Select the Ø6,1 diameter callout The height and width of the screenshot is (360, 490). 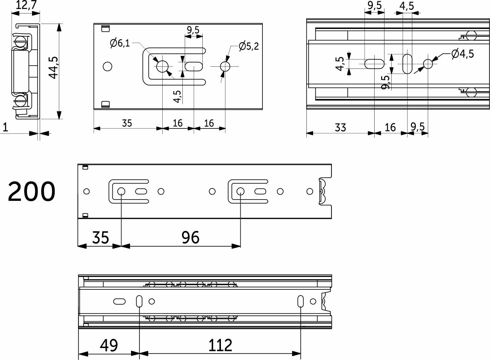pos(120,43)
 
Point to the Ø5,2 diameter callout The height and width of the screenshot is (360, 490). pos(249,46)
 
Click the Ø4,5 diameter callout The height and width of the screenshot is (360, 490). pos(462,54)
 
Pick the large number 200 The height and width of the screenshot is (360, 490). pos(31,192)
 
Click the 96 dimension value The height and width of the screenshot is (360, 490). pos(190,238)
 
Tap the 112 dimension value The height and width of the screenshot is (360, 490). pos(220,345)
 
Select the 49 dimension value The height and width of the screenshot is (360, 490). pos(109,345)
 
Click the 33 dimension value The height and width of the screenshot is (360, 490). pos(340,128)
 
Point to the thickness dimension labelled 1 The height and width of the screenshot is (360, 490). pos(5,128)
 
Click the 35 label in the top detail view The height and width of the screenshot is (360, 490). pos(127,123)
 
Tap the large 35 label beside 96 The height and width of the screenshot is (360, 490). pos(100,238)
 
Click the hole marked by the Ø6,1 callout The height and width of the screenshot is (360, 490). pos(162,66)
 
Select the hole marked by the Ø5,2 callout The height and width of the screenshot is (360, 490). pos(225,66)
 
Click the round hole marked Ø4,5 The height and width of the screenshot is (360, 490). pos(428,64)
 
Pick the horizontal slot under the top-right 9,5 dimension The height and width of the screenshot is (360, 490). pos(374,64)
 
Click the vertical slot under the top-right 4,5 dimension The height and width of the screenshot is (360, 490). pos(407,64)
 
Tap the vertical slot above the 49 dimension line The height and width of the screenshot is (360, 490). pos(139,301)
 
